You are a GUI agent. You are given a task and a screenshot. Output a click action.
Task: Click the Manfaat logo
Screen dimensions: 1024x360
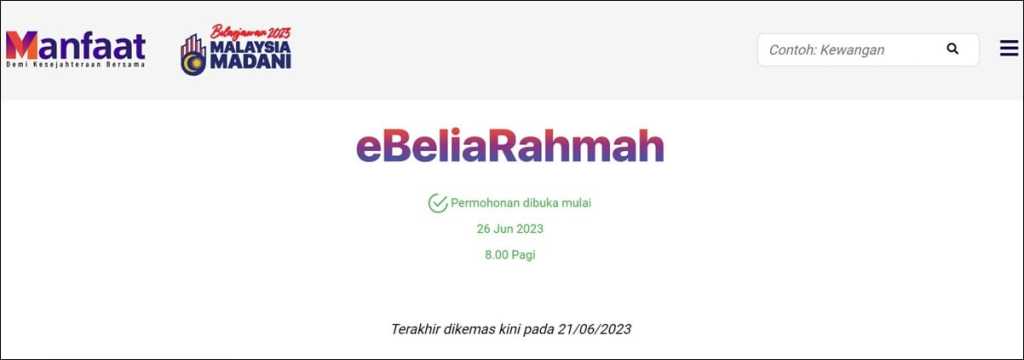(76, 49)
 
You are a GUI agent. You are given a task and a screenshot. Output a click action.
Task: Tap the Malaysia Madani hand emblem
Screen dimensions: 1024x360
(193, 55)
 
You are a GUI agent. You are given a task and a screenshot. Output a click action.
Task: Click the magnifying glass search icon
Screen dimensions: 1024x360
(953, 49)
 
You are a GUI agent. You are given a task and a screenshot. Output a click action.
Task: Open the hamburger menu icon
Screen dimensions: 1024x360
(1009, 48)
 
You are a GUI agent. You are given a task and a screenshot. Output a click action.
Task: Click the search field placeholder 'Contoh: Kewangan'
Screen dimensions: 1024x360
(827, 50)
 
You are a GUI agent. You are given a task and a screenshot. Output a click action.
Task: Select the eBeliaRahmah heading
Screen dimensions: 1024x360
(510, 147)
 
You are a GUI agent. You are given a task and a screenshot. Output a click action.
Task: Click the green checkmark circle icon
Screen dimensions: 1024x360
(438, 203)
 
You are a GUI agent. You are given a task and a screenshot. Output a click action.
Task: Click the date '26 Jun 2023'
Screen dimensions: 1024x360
(510, 229)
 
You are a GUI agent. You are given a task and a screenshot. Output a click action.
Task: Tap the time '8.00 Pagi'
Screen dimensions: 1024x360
(510, 255)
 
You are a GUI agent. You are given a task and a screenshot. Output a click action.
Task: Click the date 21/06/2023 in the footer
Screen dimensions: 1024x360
(595, 329)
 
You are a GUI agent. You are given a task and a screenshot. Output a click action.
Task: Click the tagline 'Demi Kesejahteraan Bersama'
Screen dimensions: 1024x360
(76, 65)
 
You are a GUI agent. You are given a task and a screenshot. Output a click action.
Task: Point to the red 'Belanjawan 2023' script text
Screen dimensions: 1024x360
(251, 33)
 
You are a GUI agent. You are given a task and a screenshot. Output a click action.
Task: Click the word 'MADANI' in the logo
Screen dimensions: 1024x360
(251, 63)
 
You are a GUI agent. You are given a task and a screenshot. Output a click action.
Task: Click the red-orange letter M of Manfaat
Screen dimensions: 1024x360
(22, 46)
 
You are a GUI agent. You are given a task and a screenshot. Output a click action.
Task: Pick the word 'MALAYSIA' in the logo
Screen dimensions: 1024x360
(251, 48)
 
